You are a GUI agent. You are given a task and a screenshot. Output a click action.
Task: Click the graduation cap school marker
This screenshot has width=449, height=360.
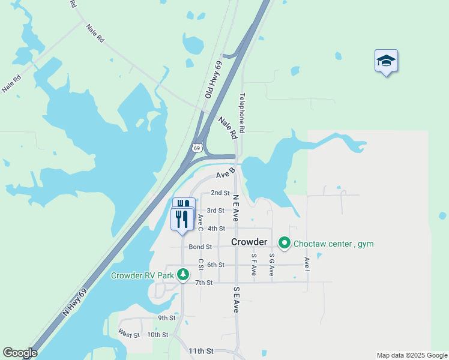coord(386,61)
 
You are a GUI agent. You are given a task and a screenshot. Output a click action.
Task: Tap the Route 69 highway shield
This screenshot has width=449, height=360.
coord(196,147)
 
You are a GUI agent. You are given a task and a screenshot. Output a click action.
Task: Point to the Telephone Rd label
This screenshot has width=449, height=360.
coord(243,113)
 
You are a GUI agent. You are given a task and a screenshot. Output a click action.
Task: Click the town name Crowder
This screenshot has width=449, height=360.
coord(249,242)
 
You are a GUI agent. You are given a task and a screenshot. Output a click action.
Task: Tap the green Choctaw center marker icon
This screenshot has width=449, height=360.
coord(284,244)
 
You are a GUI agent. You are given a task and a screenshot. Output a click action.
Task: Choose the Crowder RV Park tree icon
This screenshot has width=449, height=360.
coord(182,275)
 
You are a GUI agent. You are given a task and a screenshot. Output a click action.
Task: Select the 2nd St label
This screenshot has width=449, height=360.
coord(220,193)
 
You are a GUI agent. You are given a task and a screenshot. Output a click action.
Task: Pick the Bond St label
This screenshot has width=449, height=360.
coord(200,247)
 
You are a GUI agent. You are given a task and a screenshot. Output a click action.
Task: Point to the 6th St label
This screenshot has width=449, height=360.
coord(215,265)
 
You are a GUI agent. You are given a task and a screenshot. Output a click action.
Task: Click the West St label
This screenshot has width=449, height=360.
coord(129,334)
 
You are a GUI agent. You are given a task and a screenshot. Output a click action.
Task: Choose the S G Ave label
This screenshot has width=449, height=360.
coord(271,264)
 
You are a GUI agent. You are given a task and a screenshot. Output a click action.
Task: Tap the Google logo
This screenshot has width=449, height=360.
coord(20,353)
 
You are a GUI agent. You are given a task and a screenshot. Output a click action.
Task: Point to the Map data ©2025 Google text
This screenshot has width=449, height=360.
coord(412,355)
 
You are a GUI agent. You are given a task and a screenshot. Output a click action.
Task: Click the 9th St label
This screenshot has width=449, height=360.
coord(166,318)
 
